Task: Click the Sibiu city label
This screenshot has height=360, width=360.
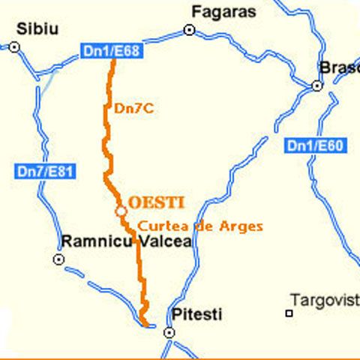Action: pos(37,28)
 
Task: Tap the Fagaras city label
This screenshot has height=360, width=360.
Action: pos(223,11)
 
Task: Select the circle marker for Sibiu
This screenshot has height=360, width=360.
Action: pos(14,46)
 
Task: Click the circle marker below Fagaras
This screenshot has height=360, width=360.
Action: pos(189,30)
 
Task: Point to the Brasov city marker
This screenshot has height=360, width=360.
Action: pos(316,85)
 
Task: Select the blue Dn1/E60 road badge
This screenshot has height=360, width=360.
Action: pos(316,146)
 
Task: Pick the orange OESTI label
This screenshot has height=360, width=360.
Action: pos(157,202)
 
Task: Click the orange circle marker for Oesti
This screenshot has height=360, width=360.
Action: pos(120,212)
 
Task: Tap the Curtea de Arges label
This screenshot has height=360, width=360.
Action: pos(200,226)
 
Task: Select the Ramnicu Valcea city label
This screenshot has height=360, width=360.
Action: pos(126,242)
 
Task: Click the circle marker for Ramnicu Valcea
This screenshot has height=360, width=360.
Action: pos(58,259)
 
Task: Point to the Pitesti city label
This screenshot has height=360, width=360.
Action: pos(197,315)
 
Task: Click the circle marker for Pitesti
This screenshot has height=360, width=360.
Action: pos(169,331)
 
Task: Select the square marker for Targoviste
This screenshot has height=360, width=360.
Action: pos(288,313)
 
